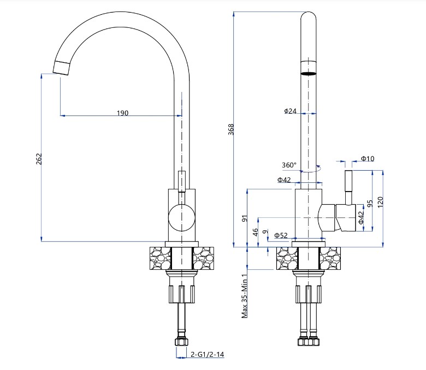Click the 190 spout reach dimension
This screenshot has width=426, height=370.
tap(122, 113)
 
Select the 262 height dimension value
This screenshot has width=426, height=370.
tap(39, 158)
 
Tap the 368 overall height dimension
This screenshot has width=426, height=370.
tap(231, 129)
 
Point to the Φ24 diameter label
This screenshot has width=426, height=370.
tap(290, 111)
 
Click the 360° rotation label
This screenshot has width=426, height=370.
tap(289, 165)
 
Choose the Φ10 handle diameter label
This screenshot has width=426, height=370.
tap(367, 159)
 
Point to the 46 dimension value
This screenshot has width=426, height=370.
tap(255, 232)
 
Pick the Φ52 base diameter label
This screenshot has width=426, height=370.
tap(281, 235)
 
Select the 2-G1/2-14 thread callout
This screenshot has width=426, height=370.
tap(208, 355)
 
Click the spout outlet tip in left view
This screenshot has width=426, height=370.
tap(62, 67)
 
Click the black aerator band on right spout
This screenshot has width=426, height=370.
tap(309, 72)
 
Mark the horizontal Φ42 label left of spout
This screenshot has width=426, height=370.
tap(283, 180)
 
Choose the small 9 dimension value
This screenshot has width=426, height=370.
tap(265, 232)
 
